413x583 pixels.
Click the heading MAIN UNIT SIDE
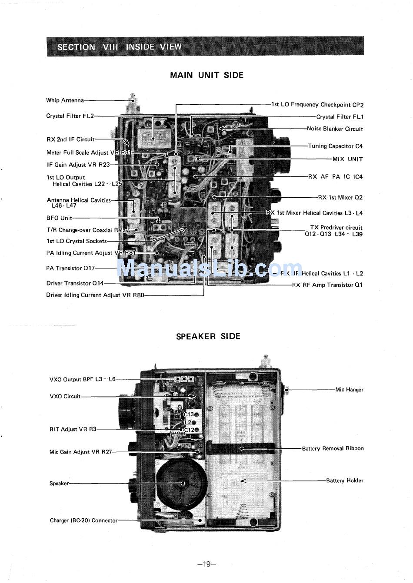coord(206,75)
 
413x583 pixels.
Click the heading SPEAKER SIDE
coord(208,336)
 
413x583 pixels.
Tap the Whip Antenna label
coord(65,100)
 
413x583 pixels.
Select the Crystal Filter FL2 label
coord(70,116)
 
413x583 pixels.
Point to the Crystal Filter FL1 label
coord(340,117)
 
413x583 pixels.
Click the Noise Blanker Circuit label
coord(334,129)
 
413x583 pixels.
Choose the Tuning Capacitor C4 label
coord(335,146)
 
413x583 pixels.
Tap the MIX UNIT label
coord(347,159)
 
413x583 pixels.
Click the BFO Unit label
coord(59,218)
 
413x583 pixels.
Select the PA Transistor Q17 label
coord(70,268)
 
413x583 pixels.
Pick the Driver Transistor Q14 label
coord(75,283)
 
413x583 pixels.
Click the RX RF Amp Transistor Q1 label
coord(327,285)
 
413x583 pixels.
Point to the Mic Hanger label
coord(349,390)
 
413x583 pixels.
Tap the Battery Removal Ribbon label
coord(333,448)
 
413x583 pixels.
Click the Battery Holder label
coord(344,480)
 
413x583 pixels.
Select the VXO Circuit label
coord(65,396)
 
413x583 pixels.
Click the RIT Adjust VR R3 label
coord(73,429)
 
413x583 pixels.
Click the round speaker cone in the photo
coord(182,483)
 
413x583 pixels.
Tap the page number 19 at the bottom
coord(206,564)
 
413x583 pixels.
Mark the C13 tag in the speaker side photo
coord(189,414)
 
